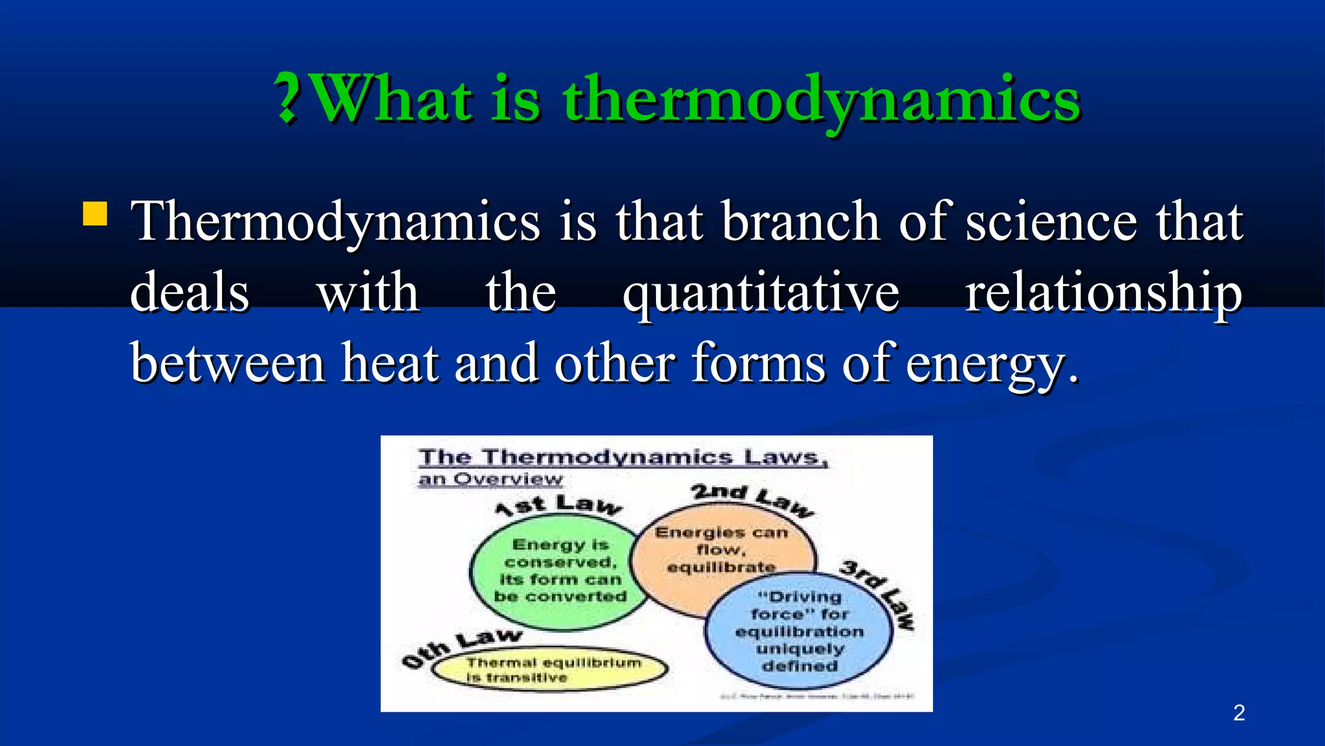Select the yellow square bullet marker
(95, 214)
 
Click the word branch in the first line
(800, 221)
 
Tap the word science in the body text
(1051, 221)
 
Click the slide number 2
(1238, 712)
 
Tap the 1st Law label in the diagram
(558, 504)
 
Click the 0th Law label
(460, 647)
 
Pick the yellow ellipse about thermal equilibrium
(550, 670)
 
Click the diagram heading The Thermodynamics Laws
(622, 457)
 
